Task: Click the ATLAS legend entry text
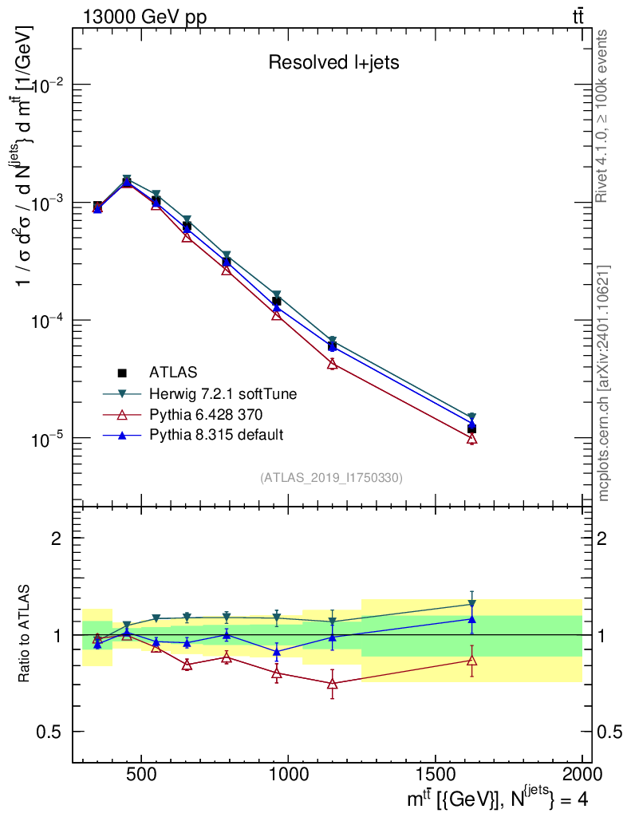[x=173, y=372]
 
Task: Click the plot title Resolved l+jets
[x=333, y=63]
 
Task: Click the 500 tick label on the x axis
[x=141, y=773]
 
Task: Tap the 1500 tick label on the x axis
[x=435, y=773]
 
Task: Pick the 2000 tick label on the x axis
[x=582, y=773]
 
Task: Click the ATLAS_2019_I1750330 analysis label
[x=332, y=478]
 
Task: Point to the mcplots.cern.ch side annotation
[x=604, y=383]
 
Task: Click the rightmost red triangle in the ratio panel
[x=472, y=660]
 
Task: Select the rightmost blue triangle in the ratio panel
[x=472, y=618]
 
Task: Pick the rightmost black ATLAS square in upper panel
[x=472, y=429]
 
